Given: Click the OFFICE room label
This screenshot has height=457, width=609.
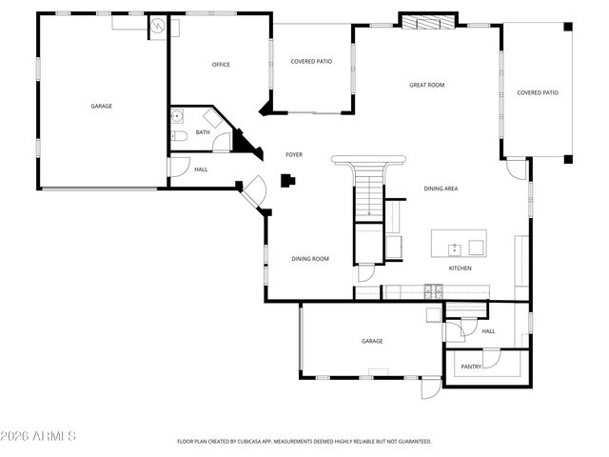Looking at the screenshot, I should (x=221, y=65).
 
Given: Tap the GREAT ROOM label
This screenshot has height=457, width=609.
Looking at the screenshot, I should (x=426, y=85).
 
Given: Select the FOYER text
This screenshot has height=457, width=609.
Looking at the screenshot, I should (x=294, y=154).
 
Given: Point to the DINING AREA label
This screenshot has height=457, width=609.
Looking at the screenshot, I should (x=441, y=189).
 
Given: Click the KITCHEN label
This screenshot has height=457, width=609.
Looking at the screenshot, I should (x=460, y=268).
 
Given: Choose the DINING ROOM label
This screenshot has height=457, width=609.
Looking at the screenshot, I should (x=310, y=258).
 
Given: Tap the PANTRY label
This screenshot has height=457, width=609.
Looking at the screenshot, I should (x=470, y=366).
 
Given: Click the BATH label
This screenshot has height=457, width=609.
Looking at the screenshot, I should (x=203, y=132).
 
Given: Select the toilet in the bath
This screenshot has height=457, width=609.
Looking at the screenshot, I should (x=178, y=140).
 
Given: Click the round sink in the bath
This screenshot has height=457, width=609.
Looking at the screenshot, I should (x=177, y=118).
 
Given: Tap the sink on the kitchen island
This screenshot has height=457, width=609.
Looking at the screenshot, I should (x=455, y=248).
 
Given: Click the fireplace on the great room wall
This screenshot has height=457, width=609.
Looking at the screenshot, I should (x=421, y=22).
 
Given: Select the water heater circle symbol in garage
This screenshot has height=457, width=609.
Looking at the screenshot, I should (x=158, y=28).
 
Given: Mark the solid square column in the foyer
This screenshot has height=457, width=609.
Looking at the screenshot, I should (x=286, y=179).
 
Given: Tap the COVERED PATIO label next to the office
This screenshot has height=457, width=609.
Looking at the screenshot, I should (x=310, y=61).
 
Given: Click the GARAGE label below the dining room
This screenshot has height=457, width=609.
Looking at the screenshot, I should (x=371, y=341).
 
